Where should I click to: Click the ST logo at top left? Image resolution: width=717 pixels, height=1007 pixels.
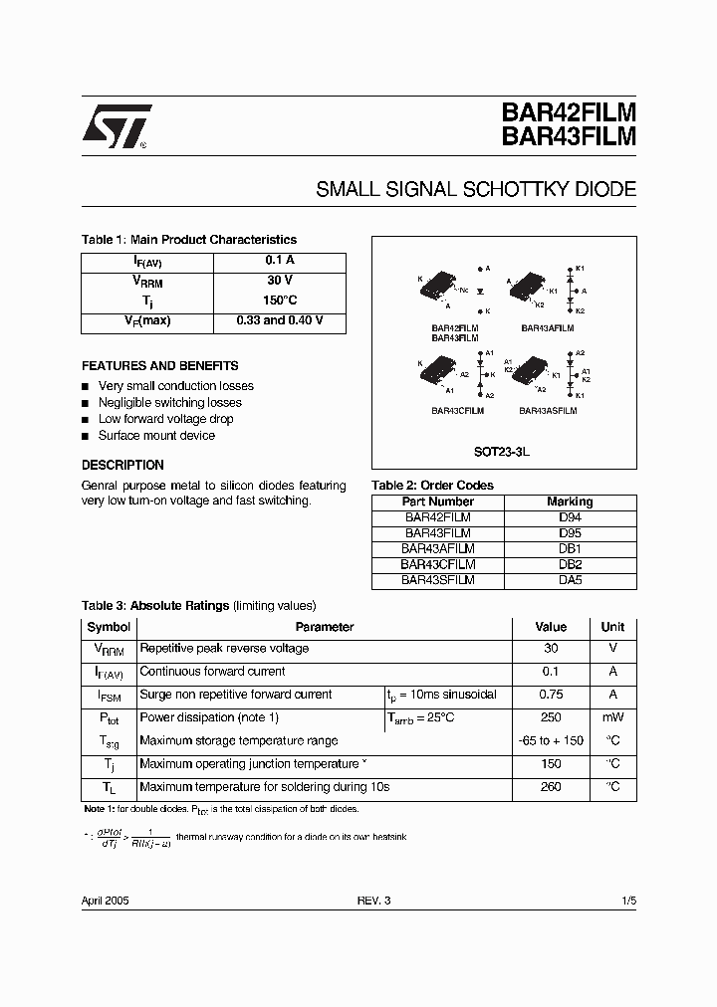click(116, 126)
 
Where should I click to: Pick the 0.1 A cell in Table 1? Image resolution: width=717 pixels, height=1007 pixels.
click(279, 261)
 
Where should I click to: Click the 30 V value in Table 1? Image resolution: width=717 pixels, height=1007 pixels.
click(279, 281)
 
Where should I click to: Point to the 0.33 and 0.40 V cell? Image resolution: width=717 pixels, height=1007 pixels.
click(279, 322)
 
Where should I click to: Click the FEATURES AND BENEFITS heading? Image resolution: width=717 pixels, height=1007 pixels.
click(159, 366)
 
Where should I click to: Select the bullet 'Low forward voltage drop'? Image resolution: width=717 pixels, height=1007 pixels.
click(165, 419)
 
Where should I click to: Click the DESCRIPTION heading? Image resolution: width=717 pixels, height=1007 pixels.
click(122, 465)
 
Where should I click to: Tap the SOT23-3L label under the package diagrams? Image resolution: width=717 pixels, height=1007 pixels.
click(502, 451)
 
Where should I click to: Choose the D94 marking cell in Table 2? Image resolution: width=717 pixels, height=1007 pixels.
click(570, 517)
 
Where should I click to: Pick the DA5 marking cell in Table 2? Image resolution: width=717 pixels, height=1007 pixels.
click(570, 580)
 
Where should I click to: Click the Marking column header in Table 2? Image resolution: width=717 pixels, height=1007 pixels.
click(570, 502)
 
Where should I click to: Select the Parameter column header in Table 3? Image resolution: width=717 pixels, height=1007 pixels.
click(325, 627)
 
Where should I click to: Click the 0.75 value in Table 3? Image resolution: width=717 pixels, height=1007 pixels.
click(550, 695)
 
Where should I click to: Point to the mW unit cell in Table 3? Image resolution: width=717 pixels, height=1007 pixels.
click(612, 717)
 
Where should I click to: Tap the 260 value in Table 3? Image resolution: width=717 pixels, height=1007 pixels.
click(550, 787)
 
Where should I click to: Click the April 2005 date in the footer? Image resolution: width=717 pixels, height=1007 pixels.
click(105, 900)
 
